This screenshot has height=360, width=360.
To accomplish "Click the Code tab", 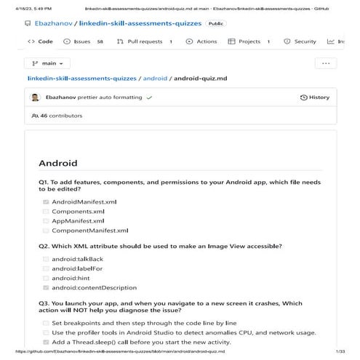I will [41, 41].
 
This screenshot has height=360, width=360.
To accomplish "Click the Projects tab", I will [249, 41].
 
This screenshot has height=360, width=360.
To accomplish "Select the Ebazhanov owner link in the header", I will [55, 23].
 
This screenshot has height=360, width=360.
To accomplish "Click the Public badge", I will [216, 23].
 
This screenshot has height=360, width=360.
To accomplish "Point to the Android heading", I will [57, 163].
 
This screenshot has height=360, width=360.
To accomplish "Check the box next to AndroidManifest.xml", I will [46, 201].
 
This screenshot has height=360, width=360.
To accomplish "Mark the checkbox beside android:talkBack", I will [46, 259].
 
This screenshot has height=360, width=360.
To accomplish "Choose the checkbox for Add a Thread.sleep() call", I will [46, 342].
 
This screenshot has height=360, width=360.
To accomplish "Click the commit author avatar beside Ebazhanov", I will [35, 97].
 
